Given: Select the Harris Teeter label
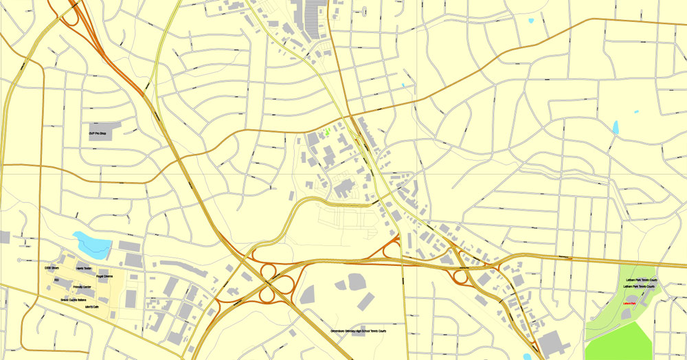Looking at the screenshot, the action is [83, 268].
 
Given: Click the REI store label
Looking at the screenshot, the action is [56, 280].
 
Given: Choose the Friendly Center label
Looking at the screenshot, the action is [82, 286].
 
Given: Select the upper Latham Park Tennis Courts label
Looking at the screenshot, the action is [642, 280].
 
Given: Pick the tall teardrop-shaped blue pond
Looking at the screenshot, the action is [616, 127].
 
